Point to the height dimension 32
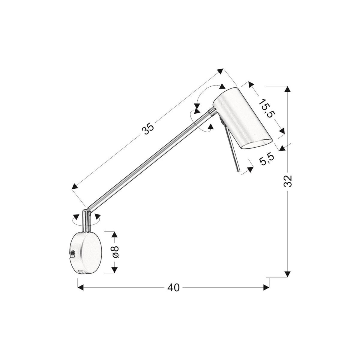coord(288,181)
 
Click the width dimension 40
coord(173,287)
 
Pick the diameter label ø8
coord(115,252)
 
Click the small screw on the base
coord(72,254)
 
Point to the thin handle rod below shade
coord(233,151)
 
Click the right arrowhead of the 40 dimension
coord(266,287)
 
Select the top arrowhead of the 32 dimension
coord(288,89)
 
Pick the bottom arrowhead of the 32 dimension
coord(288,274)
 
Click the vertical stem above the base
coord(87,220)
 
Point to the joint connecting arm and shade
coord(211,111)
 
